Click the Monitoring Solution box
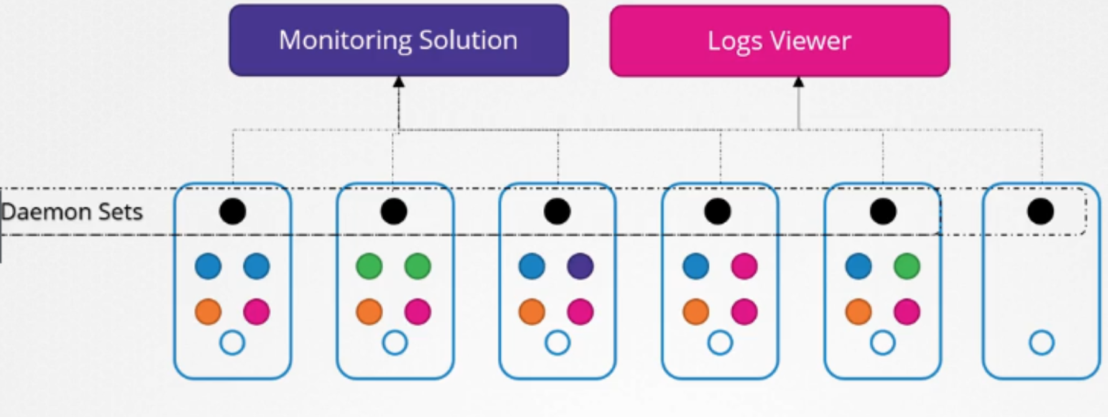pyautogui.click(x=398, y=40)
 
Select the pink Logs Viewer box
pyautogui.click(x=779, y=41)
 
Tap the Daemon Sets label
pyautogui.click(x=72, y=212)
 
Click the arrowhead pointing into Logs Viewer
pyautogui.click(x=799, y=82)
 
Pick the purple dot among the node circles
pyautogui.click(x=580, y=266)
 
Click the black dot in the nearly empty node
pyautogui.click(x=1040, y=212)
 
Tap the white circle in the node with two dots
pyautogui.click(x=1041, y=342)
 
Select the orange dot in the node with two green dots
pyautogui.click(x=369, y=312)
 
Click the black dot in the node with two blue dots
pyautogui.click(x=233, y=212)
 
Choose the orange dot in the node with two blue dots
pyautogui.click(x=208, y=312)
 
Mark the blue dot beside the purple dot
pyautogui.click(x=532, y=266)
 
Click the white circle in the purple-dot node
pyautogui.click(x=557, y=342)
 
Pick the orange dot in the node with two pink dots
pyautogui.click(x=696, y=312)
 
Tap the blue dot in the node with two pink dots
pyautogui.click(x=696, y=266)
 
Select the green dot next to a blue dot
pyautogui.click(x=906, y=266)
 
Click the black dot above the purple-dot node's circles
pyautogui.click(x=557, y=212)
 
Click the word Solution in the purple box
pyautogui.click(x=468, y=40)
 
